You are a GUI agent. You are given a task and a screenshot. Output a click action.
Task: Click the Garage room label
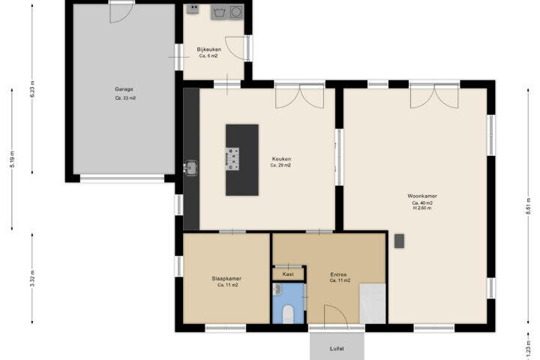coord(124,89)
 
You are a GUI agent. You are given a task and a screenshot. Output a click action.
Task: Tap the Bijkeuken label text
coord(208,49)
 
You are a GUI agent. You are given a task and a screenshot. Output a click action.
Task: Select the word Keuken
coord(281,159)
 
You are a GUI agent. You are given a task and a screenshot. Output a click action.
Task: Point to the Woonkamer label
coord(422,196)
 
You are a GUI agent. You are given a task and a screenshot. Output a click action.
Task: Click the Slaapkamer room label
coord(226,279)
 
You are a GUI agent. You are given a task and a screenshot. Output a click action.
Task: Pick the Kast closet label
coord(288,274)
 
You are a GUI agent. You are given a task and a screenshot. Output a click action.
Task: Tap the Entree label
coord(338,274)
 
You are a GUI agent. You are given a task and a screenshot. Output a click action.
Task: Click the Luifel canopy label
coord(337,349)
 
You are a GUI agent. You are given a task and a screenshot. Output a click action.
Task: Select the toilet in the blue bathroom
coord(287,315)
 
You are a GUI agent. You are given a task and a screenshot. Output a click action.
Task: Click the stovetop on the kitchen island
coord(232,159)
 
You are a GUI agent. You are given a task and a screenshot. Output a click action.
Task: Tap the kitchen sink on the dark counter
coord(190,168)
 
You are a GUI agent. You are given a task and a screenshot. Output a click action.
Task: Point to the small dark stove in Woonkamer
coord(399,241)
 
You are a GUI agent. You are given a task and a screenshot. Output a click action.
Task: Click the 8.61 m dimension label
coord(527,205)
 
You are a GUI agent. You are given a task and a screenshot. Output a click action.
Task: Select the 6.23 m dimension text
coord(33,89)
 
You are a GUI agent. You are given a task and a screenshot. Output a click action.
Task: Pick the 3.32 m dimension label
coord(32,278)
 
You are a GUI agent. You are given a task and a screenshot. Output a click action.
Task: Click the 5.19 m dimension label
coord(13,160)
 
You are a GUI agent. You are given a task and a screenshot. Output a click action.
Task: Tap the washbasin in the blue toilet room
coord(277,289)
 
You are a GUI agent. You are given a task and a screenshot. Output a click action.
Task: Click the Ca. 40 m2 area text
coord(422,203)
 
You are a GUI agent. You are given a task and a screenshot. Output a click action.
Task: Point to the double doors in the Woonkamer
coord(434,96)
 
